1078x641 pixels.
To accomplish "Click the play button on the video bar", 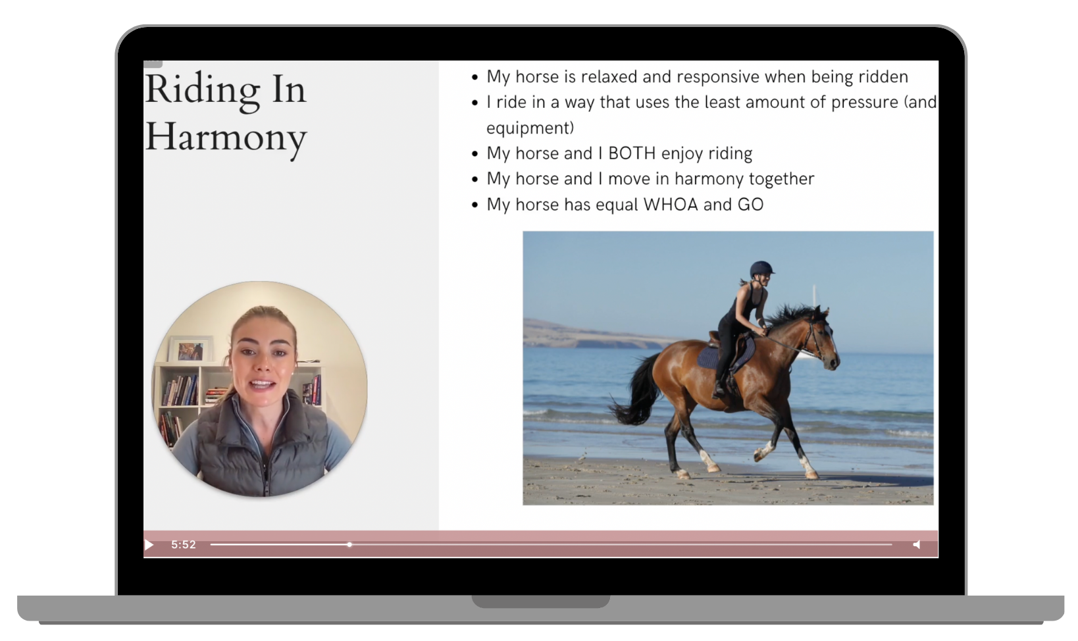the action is click(x=149, y=545).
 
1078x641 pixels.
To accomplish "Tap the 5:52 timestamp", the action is click(x=184, y=545).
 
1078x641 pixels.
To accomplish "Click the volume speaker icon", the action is click(x=917, y=545).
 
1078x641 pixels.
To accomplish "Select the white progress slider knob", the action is click(x=349, y=545).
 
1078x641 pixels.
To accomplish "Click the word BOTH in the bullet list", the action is click(x=632, y=153).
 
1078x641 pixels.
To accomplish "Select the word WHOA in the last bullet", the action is click(x=671, y=205).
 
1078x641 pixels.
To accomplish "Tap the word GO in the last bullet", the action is click(x=750, y=205).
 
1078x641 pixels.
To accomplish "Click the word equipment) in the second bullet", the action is click(x=530, y=128).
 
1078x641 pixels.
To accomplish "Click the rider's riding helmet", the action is click(x=761, y=269).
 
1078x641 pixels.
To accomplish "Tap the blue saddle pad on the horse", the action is click(x=718, y=356).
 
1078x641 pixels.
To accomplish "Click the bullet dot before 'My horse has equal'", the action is click(x=475, y=205).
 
